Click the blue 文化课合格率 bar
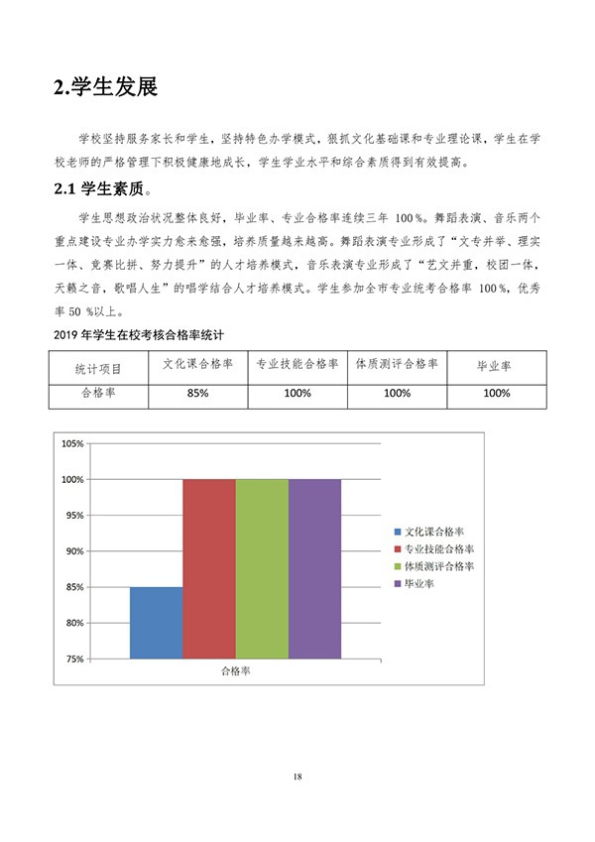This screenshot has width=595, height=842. (157, 622)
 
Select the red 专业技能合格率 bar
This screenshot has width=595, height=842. (209, 568)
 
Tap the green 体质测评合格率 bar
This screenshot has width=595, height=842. (262, 568)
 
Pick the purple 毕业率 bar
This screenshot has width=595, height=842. (314, 568)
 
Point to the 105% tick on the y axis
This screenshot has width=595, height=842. (71, 443)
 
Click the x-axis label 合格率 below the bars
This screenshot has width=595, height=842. (235, 670)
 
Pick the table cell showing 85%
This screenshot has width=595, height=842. (197, 394)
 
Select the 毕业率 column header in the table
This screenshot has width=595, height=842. (496, 366)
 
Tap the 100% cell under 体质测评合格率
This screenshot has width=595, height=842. (397, 394)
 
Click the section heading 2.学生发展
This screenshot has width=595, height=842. (105, 87)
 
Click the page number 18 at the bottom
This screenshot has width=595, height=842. (297, 776)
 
